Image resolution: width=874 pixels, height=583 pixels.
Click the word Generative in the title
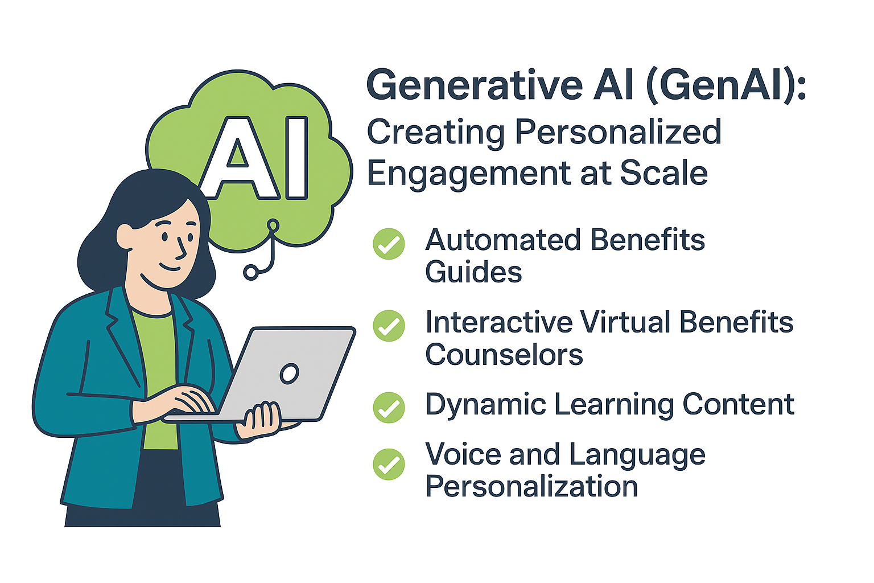pos(475,85)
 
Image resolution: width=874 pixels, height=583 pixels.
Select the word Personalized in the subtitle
pos(618,132)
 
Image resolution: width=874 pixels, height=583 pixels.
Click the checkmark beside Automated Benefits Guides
pos(389,244)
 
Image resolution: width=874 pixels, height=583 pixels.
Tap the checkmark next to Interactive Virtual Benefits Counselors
pos(389,326)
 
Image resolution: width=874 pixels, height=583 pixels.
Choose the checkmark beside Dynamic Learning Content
pos(389,407)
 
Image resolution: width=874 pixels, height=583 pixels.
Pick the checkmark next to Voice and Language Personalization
pos(389,464)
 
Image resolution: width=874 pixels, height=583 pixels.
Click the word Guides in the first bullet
pos(473,272)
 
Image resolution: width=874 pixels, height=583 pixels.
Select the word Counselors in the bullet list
pos(504,355)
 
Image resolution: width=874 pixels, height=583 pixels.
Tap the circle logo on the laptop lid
pos(289,373)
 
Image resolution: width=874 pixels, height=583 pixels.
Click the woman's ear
pos(125,235)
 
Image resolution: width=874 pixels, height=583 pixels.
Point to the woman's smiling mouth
pos(169,266)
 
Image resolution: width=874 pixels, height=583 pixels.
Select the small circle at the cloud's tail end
pos(250,272)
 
